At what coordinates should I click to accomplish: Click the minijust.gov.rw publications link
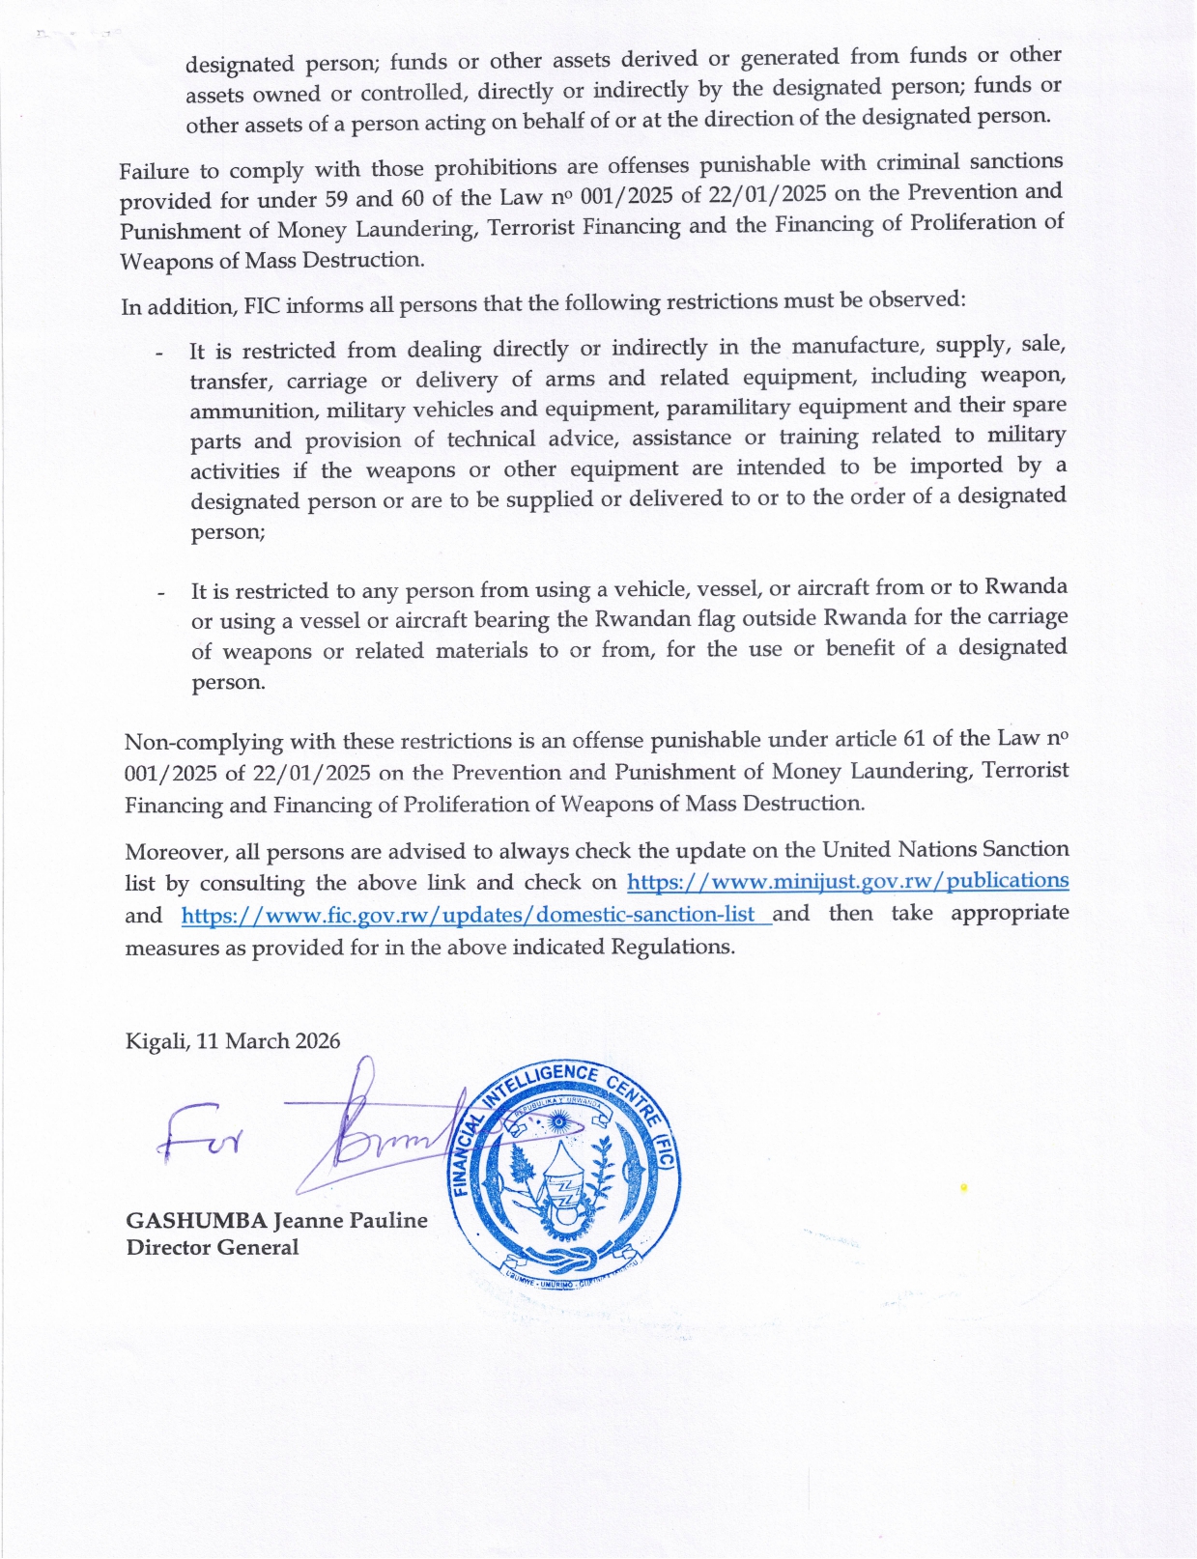tap(847, 881)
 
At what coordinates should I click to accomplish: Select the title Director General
tap(213, 1247)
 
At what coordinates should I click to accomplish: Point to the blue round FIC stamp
tap(565, 1178)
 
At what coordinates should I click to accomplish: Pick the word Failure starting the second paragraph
tap(155, 172)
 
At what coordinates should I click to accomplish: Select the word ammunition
tap(251, 411)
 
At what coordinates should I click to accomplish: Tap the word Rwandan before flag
tap(641, 618)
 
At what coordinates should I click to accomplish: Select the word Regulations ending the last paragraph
tap(674, 947)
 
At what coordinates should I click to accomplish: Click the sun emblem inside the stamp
tap(557, 1123)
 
